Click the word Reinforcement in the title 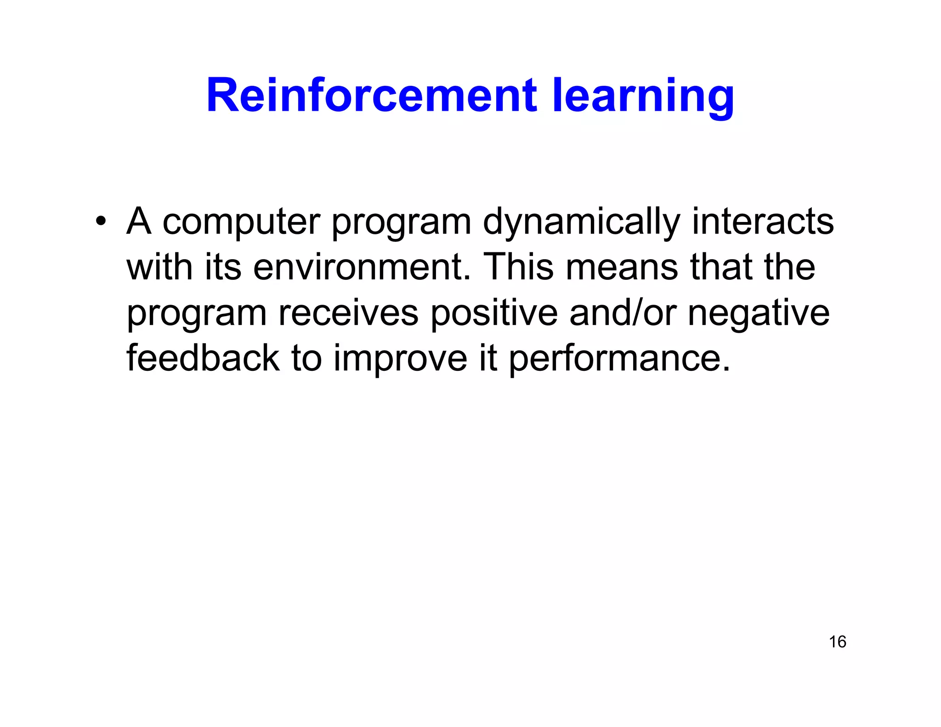[x=371, y=96]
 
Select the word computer [x=241, y=222]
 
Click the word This [x=519, y=267]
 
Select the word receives [x=348, y=313]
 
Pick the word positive [x=493, y=313]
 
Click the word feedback [x=203, y=358]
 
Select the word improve [x=400, y=359]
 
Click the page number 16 [x=837, y=642]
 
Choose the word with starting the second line [x=159, y=267]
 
